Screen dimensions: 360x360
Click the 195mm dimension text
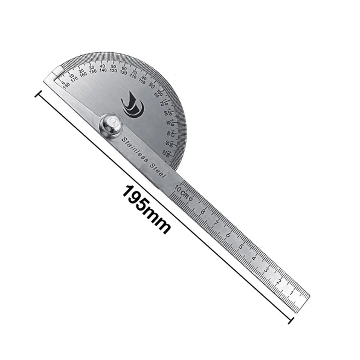(146, 209)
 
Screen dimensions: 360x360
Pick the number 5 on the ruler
(241, 247)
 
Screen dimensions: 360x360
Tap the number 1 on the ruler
(292, 293)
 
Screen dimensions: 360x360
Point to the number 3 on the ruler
(266, 270)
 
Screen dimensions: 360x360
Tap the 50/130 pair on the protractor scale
(114, 68)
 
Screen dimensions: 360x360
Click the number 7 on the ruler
(216, 223)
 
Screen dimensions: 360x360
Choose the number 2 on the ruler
(279, 282)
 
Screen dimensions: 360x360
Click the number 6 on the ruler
(228, 235)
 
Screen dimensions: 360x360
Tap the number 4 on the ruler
(253, 258)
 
